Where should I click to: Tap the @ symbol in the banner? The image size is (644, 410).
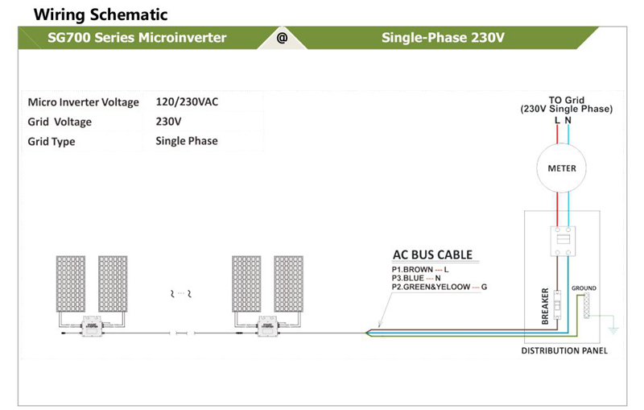coord(282,38)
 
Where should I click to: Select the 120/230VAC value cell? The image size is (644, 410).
coord(187,101)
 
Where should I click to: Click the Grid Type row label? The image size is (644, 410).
coord(52,142)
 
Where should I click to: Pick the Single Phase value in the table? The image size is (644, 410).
coord(187,141)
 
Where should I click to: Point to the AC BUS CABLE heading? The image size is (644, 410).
coord(432,255)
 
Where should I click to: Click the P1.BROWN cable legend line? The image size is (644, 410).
coord(420,270)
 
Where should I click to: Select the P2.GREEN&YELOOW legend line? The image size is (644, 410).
coord(439,287)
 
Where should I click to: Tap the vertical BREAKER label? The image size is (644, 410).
coord(545,306)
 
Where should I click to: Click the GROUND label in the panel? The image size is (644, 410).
coord(584,288)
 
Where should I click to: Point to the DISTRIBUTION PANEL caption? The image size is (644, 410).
coord(564,351)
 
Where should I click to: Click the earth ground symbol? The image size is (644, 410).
coord(613,330)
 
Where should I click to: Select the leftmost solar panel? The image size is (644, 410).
coord(71,284)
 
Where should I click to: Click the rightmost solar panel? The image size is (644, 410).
coord(289,284)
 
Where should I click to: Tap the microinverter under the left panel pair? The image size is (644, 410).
coord(92,326)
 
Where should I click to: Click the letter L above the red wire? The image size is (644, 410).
coord(557,120)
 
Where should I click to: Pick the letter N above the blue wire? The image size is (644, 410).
coord(568,120)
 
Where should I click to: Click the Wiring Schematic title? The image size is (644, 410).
coord(101,14)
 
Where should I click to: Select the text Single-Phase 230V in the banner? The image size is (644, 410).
coord(443,38)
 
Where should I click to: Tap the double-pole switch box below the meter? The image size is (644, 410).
coord(563,241)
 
